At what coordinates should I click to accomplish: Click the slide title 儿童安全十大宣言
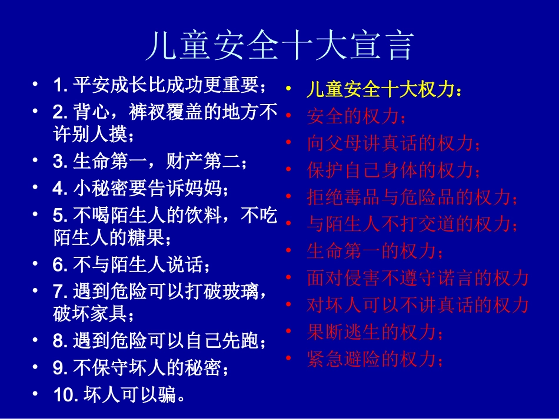coord(279,46)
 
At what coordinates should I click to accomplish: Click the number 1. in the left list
coord(61,86)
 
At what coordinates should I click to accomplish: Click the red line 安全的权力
coord(356,116)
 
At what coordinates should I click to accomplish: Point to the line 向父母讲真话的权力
coord(393,143)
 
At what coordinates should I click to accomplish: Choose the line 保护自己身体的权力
coord(393,170)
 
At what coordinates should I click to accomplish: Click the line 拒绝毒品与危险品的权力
coord(412,197)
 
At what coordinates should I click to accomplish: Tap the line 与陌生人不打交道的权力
coord(412,224)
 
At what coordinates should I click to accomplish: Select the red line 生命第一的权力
coord(375,251)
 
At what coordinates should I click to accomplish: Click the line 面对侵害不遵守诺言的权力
coord(417,278)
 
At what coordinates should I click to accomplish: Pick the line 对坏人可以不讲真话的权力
coord(417,305)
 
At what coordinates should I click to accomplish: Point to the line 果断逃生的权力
coord(375,332)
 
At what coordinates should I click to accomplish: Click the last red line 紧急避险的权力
coord(375,359)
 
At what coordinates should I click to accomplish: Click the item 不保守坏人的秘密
coord(149,368)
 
